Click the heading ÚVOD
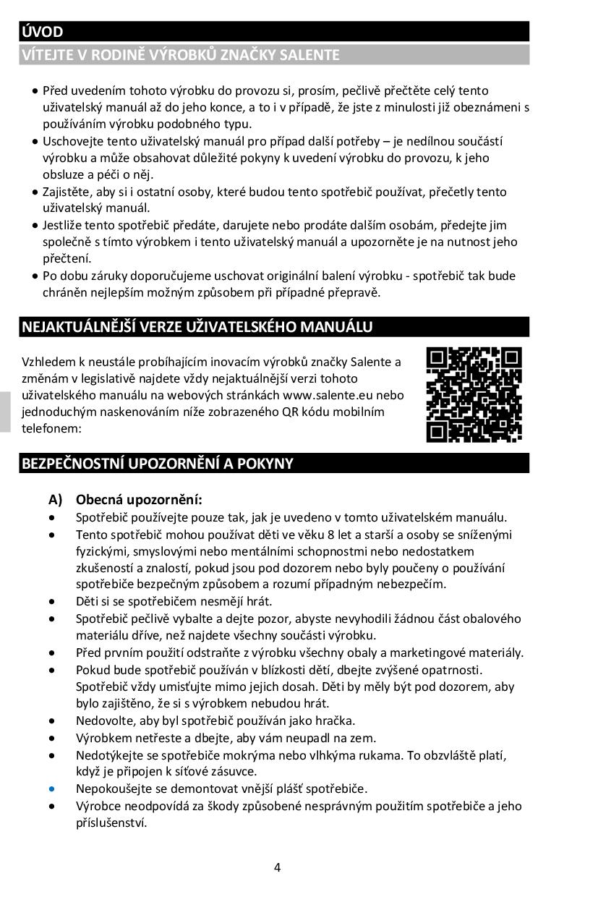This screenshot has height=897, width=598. (43, 32)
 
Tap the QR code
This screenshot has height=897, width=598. (474, 394)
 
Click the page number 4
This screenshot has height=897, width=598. (277, 868)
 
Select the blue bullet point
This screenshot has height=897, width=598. (52, 788)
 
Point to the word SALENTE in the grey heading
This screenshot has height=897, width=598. (308, 55)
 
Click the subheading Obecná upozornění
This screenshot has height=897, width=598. (139, 500)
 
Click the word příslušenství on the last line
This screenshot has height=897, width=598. (111, 822)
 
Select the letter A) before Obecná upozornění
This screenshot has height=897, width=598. (56, 500)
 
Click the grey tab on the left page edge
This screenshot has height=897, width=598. (5, 412)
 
